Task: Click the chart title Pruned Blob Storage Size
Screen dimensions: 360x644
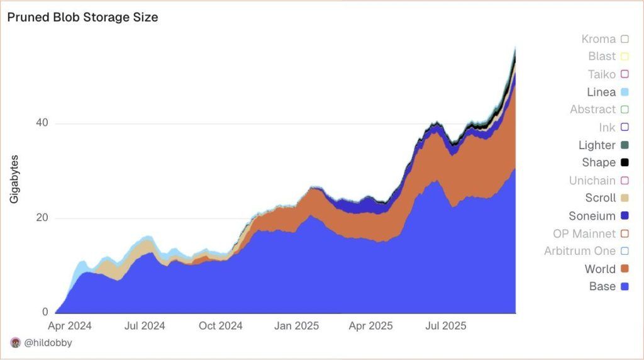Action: click(82, 18)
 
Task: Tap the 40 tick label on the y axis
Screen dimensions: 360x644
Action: click(42, 123)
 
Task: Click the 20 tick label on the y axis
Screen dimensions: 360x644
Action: click(42, 218)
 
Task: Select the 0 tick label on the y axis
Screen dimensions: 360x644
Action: click(45, 312)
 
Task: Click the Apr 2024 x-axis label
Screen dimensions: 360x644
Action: click(70, 326)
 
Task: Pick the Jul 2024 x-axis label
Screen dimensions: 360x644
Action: click(144, 326)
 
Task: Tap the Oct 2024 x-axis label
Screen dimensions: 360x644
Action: click(221, 326)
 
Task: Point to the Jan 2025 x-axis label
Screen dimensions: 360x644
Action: click(297, 326)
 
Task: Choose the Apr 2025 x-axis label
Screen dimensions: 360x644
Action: click(371, 326)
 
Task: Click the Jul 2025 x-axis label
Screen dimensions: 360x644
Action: click(445, 326)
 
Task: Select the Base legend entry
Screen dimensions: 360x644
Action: click(602, 286)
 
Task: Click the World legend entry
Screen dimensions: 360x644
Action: click(600, 269)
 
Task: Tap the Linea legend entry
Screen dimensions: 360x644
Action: click(601, 92)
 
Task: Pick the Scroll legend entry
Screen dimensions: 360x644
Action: click(601, 198)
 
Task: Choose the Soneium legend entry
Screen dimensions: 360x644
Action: click(592, 215)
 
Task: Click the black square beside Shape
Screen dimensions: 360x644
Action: click(625, 162)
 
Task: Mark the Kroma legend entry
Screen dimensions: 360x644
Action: click(599, 39)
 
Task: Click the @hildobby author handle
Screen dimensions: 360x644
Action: click(48, 343)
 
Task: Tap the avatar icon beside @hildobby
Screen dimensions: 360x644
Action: click(16, 343)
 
